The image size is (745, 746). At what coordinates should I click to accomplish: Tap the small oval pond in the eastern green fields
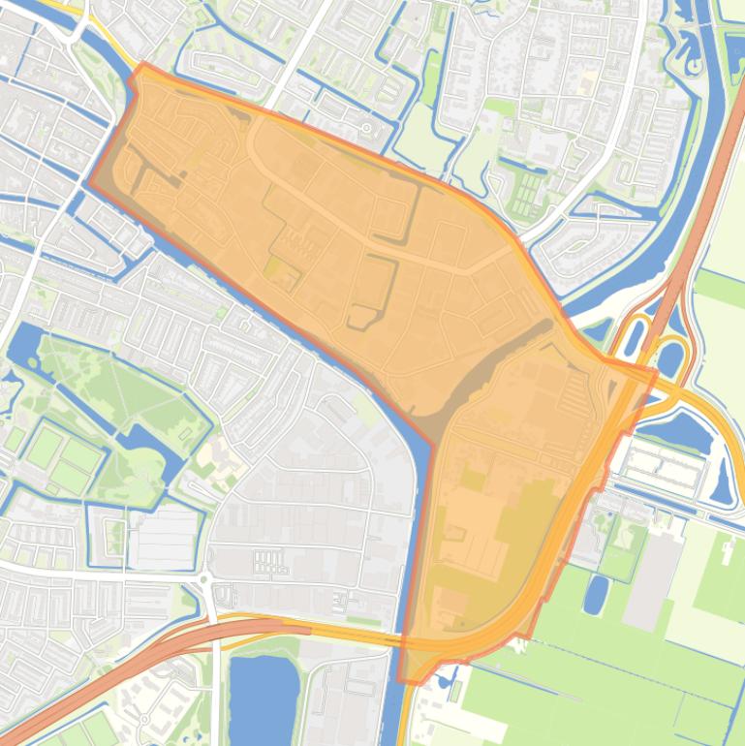[596, 594]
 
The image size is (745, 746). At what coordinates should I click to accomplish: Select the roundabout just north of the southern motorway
[205, 580]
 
